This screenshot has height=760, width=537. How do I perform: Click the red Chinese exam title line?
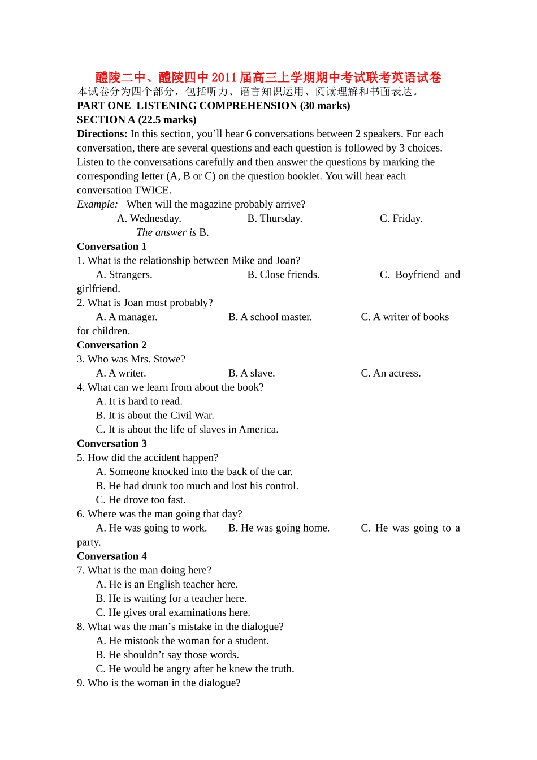click(268, 77)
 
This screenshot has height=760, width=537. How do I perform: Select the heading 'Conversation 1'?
click(112, 247)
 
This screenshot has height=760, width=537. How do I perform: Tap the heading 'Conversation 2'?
click(112, 345)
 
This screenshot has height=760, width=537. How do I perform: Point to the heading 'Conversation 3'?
click(112, 443)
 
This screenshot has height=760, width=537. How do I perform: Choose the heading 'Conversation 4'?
click(112, 556)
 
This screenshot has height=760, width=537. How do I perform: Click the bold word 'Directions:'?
click(102, 134)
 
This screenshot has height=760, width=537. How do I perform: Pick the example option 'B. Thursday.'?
click(275, 218)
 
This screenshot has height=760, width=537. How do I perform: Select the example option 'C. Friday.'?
click(401, 218)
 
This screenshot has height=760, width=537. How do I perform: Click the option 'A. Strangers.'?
click(124, 275)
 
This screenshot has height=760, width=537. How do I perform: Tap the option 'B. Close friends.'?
click(283, 275)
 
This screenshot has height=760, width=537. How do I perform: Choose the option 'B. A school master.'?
click(270, 317)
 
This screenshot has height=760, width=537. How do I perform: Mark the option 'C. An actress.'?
click(391, 373)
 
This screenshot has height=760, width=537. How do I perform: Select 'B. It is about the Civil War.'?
click(155, 416)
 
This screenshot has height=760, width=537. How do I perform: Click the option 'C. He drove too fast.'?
click(141, 500)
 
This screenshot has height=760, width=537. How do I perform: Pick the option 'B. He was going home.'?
click(279, 528)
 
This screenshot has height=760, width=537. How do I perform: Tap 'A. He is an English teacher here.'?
click(167, 584)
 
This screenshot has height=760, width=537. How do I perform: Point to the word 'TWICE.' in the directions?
click(153, 191)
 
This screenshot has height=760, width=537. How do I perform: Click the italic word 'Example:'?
click(97, 204)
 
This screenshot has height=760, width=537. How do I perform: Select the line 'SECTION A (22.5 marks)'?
click(137, 120)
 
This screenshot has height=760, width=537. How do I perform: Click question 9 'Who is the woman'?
click(159, 683)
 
